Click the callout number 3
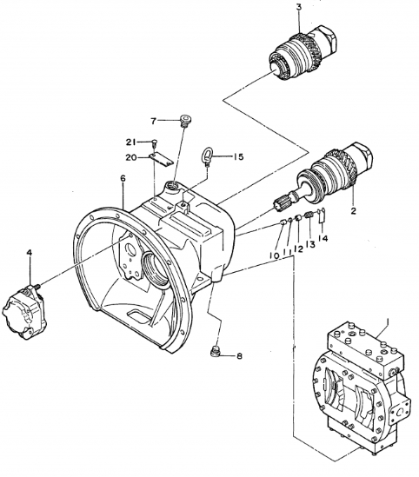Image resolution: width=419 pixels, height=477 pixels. [x=274, y=8]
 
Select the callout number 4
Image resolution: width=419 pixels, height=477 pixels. [x=29, y=253]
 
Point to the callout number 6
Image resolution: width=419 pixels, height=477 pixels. [x=123, y=179]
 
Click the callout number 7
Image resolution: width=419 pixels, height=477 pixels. [x=154, y=120]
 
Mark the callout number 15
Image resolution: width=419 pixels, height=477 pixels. [x=239, y=156]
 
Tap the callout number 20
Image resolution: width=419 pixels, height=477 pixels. [x=131, y=157]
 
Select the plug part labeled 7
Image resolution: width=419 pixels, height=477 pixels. [x=185, y=121]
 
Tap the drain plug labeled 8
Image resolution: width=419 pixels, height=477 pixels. [x=216, y=351]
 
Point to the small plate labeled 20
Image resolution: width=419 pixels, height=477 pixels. [x=157, y=157]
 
